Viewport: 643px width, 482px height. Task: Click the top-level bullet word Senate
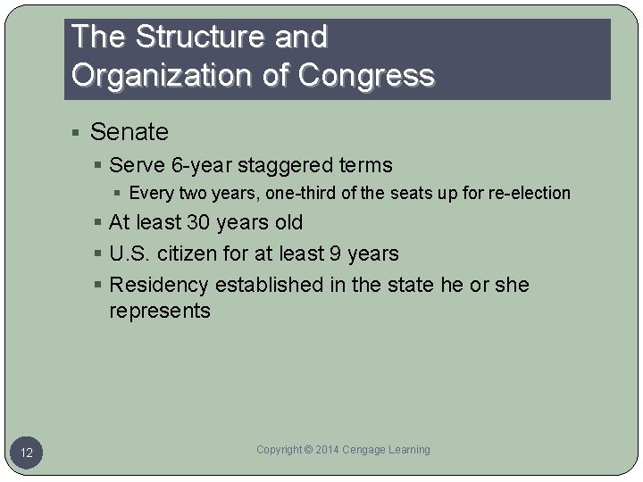(129, 132)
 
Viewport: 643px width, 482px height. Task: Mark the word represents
(160, 311)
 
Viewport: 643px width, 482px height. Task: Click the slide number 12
(27, 453)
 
